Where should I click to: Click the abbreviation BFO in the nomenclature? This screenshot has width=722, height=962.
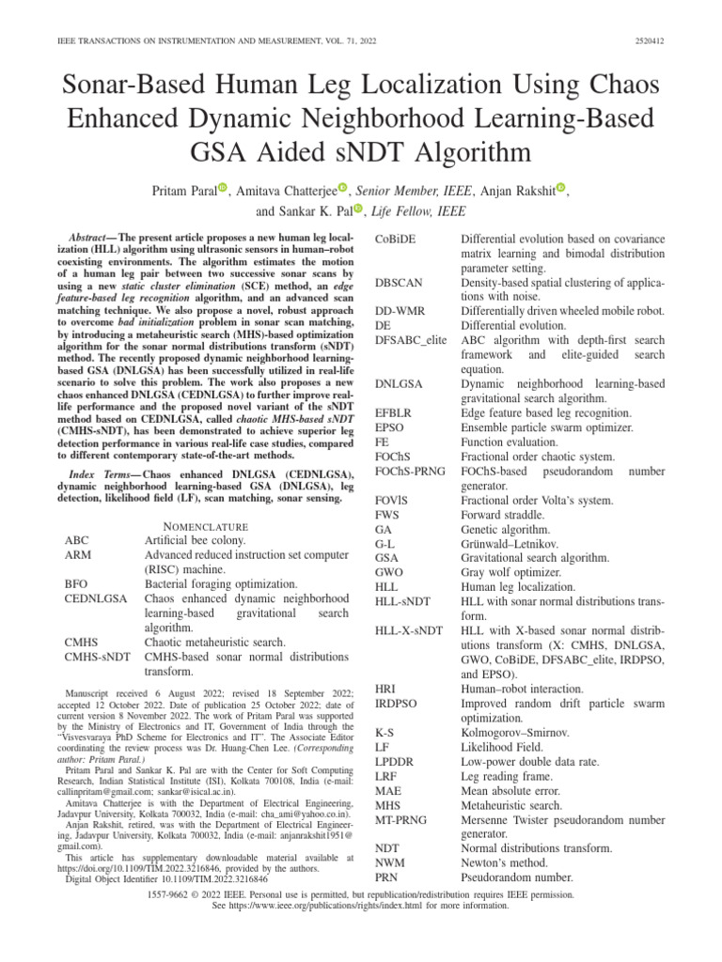[76, 583]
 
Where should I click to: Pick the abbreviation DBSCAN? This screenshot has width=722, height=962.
[400, 283]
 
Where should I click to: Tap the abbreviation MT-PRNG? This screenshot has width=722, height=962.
[401, 820]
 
